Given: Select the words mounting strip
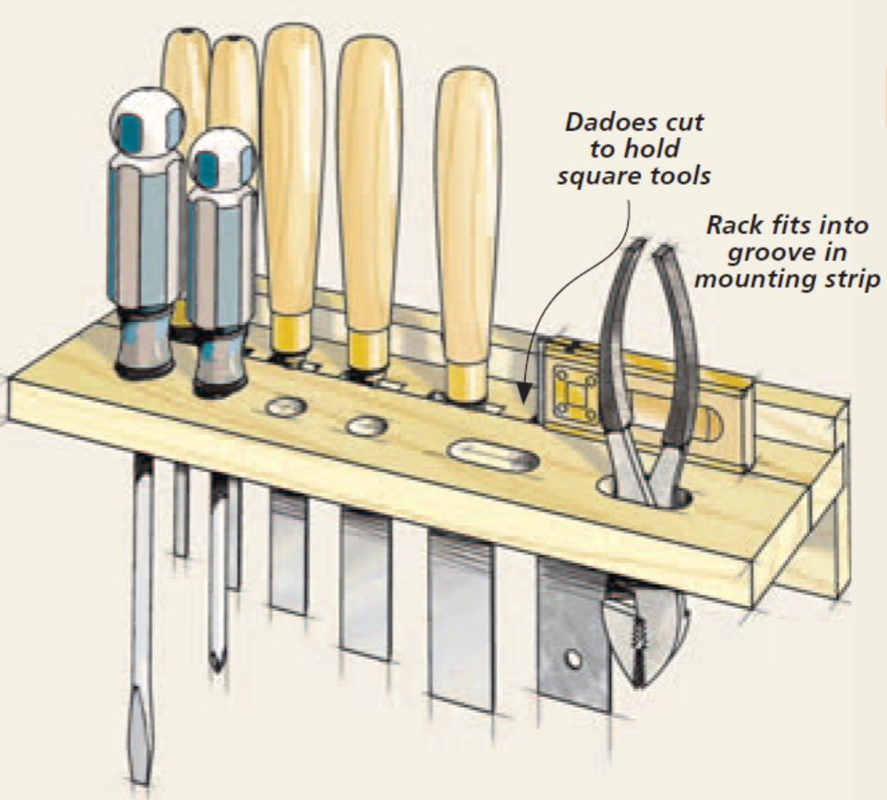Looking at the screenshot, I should (x=787, y=278).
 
